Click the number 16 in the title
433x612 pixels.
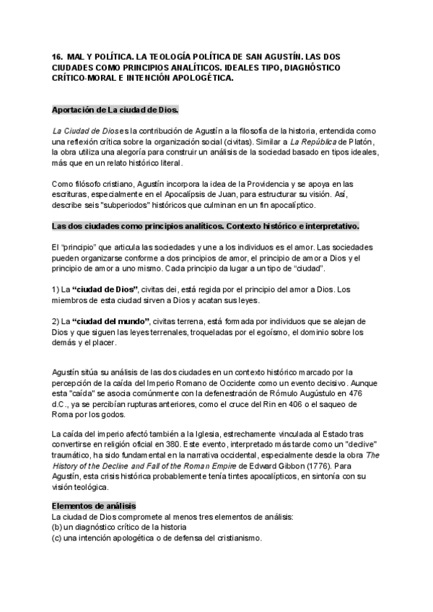click(57, 55)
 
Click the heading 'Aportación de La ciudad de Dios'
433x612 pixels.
click(115, 109)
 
